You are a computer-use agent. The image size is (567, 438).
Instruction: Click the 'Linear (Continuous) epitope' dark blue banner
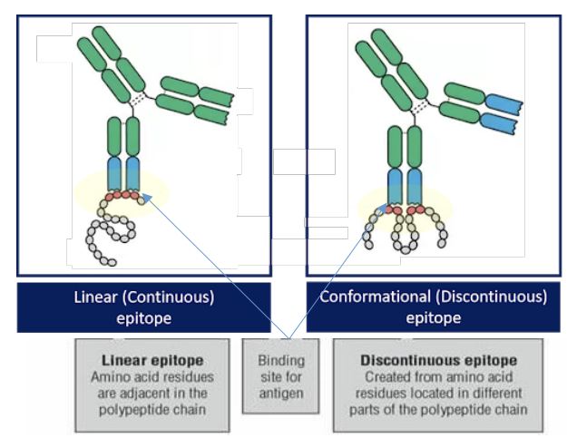point(143,307)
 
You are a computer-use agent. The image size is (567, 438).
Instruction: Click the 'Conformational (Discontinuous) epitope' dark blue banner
point(433,307)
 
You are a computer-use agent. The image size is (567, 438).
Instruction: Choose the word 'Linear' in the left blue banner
point(95,297)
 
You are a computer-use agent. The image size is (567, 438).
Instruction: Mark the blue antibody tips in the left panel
point(123,172)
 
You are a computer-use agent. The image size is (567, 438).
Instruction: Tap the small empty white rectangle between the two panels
point(304,161)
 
